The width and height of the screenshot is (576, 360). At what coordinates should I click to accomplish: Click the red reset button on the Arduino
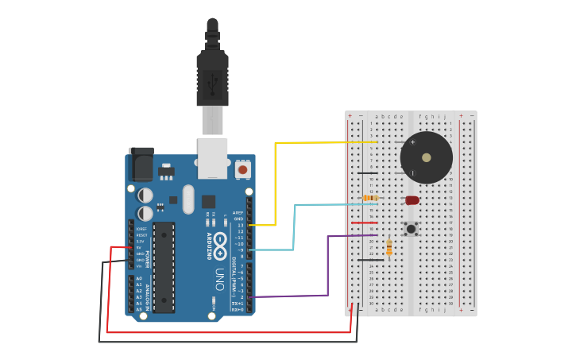pos(242,169)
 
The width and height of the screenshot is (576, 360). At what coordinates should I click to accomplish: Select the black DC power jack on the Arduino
pos(141,165)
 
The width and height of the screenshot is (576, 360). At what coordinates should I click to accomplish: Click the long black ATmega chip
pos(164,267)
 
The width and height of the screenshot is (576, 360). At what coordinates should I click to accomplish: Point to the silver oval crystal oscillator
pos(188,199)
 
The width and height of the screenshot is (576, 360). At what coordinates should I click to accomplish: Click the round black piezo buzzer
pos(427,157)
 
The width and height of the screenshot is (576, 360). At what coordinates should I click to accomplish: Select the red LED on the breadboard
pos(412,200)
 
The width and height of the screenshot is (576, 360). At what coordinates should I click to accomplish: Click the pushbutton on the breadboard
pos(411,229)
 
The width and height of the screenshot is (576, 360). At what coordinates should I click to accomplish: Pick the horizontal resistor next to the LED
pos(370,198)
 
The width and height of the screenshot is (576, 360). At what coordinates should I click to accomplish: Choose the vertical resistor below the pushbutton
pos(389,247)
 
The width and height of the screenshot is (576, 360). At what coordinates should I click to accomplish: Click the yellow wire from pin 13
pos(276,183)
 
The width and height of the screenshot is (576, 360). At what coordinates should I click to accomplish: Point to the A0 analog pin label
pos(139,279)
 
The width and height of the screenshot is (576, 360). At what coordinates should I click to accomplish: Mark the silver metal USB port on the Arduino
pos(212,158)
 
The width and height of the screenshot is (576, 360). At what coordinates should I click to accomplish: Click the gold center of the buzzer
pos(427,157)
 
